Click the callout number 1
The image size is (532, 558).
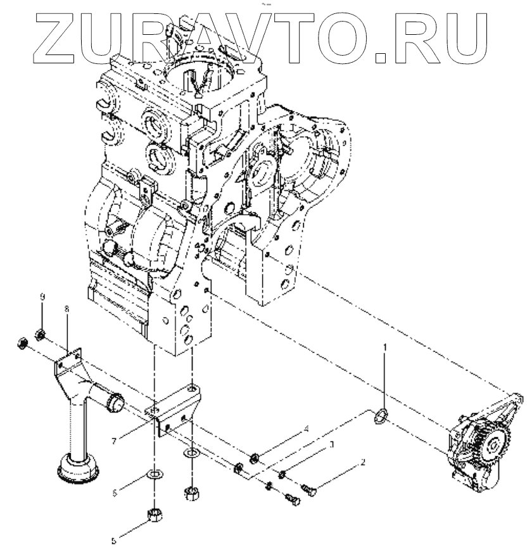pos(385,347)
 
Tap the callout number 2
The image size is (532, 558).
pos(363,463)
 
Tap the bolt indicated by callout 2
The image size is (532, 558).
pos(310,489)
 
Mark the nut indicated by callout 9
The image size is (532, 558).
pos(40,333)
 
